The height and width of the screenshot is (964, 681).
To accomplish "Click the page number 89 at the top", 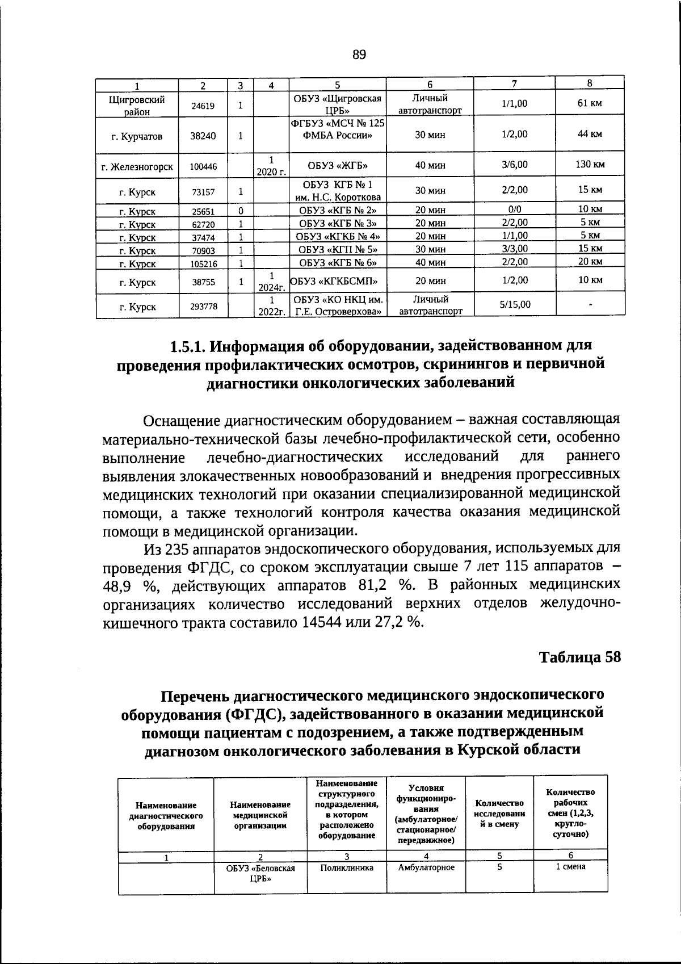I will click(359, 55).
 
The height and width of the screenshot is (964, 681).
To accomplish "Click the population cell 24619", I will click(203, 106).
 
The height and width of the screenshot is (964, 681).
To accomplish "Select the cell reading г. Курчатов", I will click(137, 136).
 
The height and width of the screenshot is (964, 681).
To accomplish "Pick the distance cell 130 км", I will click(590, 165).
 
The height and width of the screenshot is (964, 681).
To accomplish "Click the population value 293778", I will click(203, 307).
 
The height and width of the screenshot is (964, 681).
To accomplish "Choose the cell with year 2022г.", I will click(272, 312).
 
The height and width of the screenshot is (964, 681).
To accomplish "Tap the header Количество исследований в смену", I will click(499, 813).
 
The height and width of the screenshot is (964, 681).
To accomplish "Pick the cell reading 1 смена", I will click(570, 867).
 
